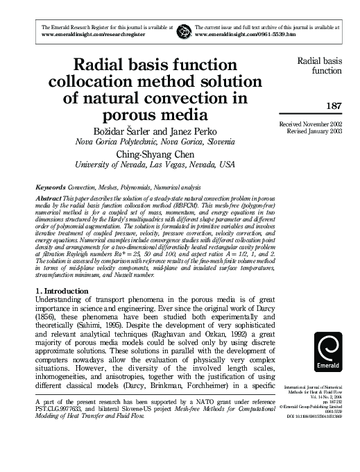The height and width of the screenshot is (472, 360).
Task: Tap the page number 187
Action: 329,106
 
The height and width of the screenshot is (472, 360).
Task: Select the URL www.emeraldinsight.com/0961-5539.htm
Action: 246,33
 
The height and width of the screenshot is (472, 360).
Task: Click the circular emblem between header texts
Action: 183,30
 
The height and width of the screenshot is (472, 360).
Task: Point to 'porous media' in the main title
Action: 154,111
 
